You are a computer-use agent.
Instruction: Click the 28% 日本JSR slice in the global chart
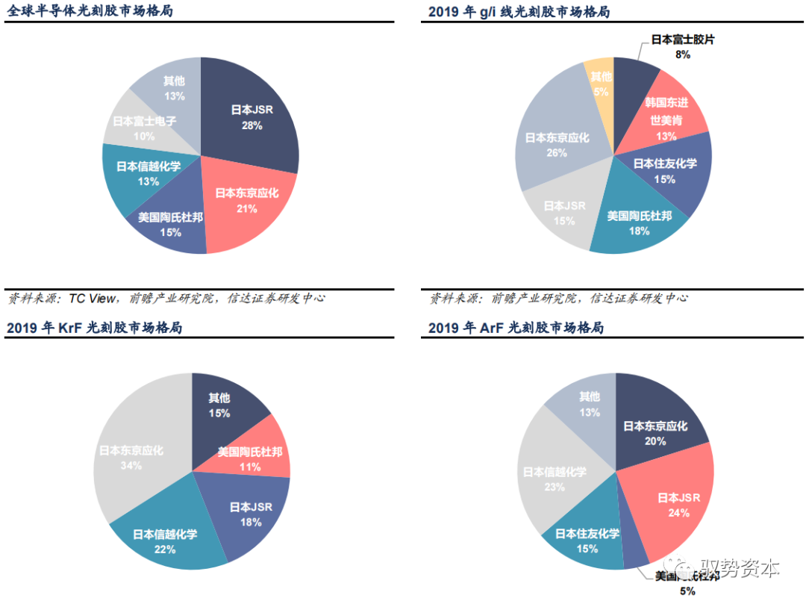pos(250,116)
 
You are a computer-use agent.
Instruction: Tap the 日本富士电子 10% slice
pos(134,127)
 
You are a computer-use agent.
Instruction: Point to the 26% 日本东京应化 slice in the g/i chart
pos(556,142)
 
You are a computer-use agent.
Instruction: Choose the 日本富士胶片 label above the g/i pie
pos(682,40)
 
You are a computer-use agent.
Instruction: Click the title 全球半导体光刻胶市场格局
pos(90,11)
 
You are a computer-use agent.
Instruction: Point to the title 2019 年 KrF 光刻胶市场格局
pos(94,328)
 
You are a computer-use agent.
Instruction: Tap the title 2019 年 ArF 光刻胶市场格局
pos(516,328)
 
